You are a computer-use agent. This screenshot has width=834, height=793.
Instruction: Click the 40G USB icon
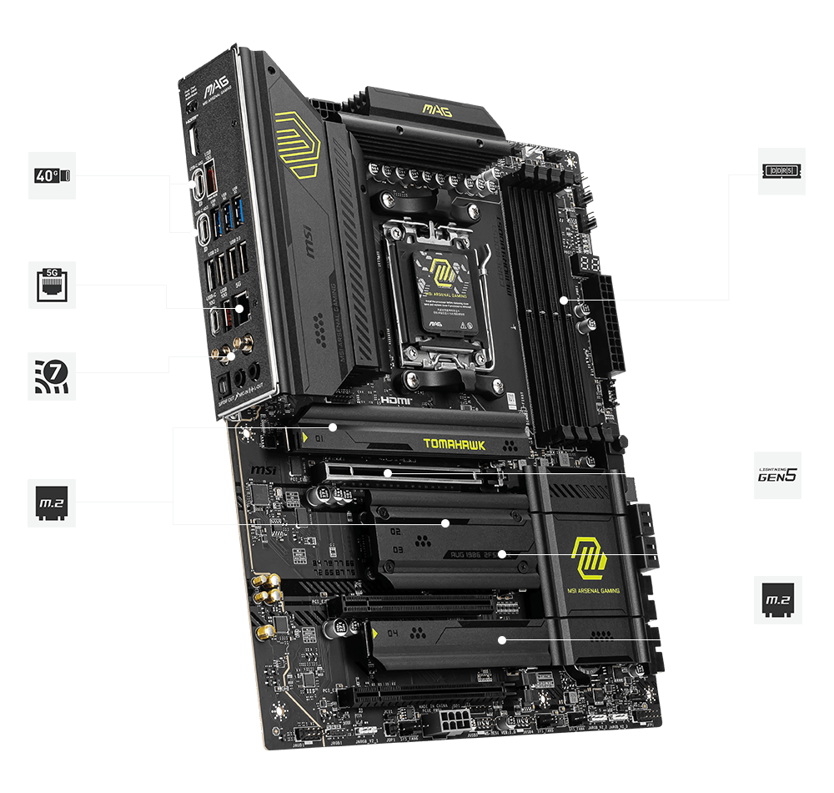52,175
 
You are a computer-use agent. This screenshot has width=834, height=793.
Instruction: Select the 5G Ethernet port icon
52,285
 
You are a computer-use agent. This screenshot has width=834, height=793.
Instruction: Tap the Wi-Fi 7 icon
52,376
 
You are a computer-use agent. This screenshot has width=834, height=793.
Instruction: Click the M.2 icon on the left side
52,503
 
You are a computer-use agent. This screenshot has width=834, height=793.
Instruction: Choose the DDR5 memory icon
781,171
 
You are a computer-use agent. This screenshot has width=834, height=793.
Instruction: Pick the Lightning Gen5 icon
777,476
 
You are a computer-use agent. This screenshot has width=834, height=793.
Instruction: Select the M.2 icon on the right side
777,599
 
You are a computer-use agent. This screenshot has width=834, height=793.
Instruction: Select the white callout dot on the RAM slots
564,300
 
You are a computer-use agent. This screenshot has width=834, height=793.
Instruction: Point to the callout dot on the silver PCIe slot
388,474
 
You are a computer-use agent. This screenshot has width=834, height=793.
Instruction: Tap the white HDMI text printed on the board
393,400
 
